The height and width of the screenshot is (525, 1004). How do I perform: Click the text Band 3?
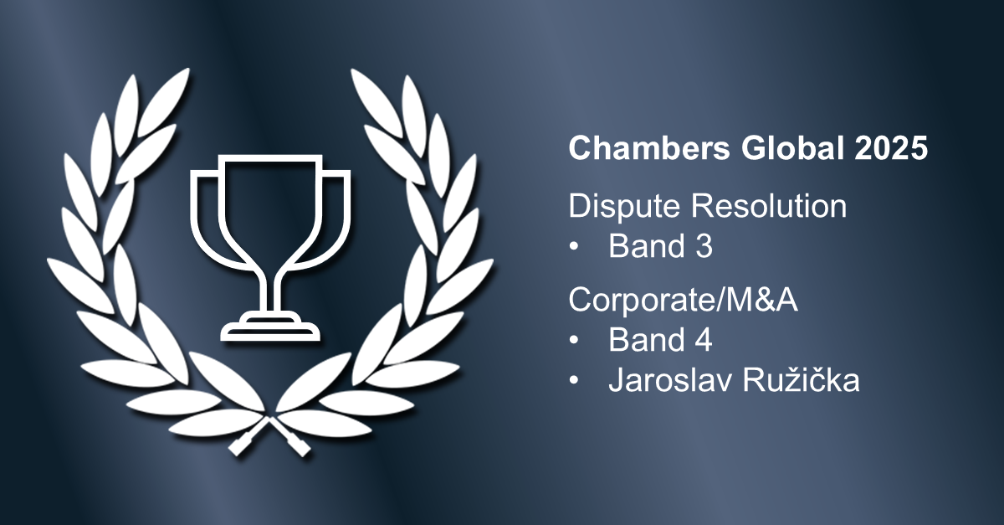(660, 248)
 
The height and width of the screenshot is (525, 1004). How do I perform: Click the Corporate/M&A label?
(684, 299)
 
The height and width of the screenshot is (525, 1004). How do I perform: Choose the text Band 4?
(660, 340)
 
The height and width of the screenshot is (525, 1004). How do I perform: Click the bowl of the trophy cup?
(269, 209)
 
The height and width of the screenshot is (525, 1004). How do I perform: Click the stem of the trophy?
(269, 289)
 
